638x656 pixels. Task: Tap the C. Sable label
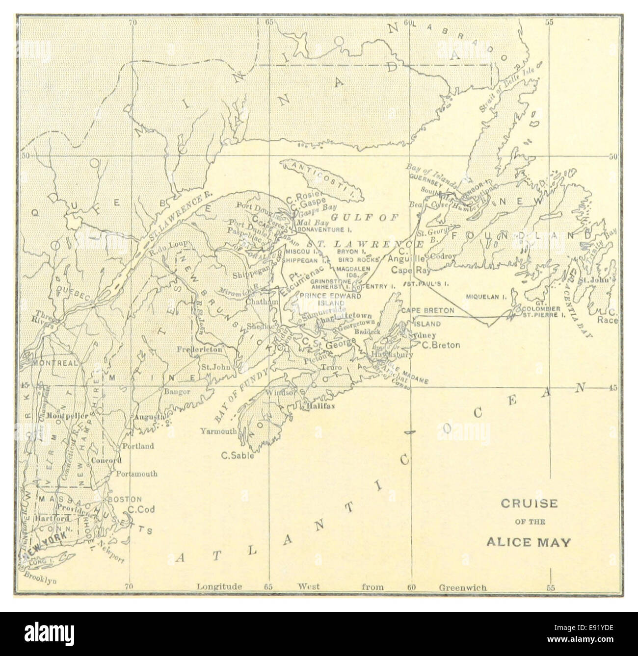pyautogui.click(x=237, y=455)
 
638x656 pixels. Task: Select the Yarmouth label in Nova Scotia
pyautogui.click(x=218, y=431)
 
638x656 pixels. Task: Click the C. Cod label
pyautogui.click(x=141, y=509)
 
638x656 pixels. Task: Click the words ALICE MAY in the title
pyautogui.click(x=528, y=542)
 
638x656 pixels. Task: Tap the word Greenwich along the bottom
pyautogui.click(x=462, y=587)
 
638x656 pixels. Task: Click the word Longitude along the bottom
pyautogui.click(x=219, y=587)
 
